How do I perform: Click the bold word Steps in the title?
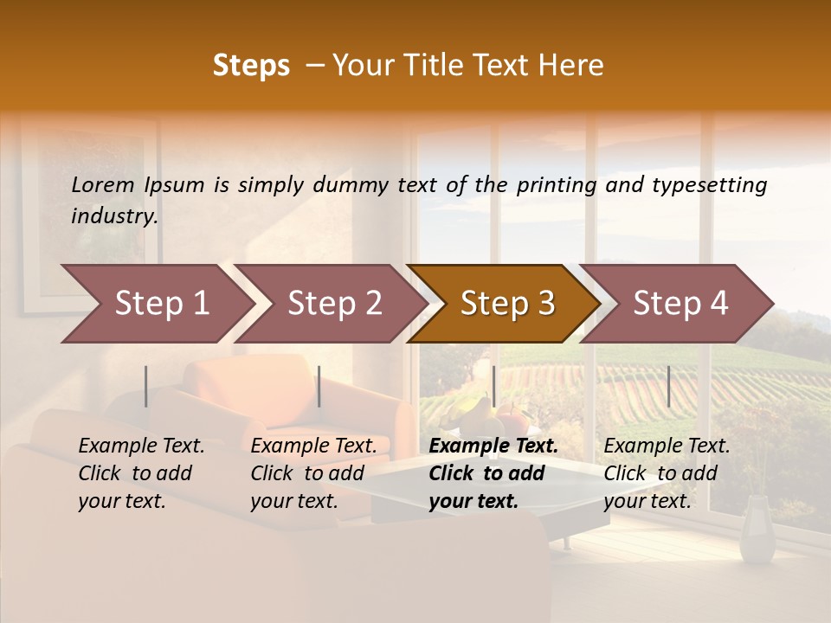tap(251, 66)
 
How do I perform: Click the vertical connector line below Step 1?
tap(146, 386)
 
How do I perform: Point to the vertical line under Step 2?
tap(319, 386)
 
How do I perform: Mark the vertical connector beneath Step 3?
tap(493, 386)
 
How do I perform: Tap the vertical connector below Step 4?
tap(668, 386)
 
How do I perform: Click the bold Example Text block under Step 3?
tap(493, 473)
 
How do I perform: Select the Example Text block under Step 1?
tap(141, 473)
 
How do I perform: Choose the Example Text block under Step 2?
tap(313, 473)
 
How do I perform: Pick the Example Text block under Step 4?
tap(667, 473)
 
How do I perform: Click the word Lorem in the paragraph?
tap(103, 184)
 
